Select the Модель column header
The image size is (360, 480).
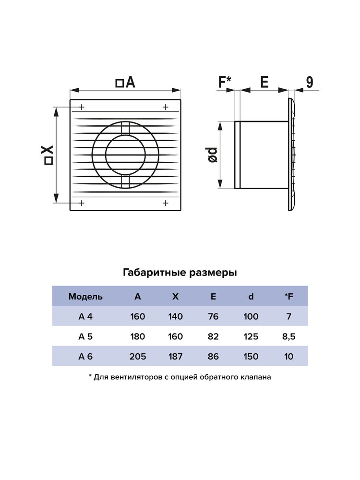click(85, 297)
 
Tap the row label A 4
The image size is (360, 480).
click(85, 316)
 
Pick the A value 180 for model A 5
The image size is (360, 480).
click(138, 336)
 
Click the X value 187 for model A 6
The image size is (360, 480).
click(175, 357)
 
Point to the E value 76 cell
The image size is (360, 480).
click(214, 316)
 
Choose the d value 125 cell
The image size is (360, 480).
click(251, 336)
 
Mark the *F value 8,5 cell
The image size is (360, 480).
click(288, 336)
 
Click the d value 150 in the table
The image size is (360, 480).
click(251, 357)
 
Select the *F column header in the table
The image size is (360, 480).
click(288, 297)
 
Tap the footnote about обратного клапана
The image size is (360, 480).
click(180, 377)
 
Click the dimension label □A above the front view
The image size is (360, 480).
click(126, 83)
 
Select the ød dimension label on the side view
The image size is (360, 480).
click(213, 155)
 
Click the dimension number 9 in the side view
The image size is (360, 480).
click(310, 82)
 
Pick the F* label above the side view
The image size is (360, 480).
click(225, 82)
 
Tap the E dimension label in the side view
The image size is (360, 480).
click(264, 82)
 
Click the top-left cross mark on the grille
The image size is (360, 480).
click(82, 107)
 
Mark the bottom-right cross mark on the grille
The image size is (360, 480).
click(166, 203)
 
